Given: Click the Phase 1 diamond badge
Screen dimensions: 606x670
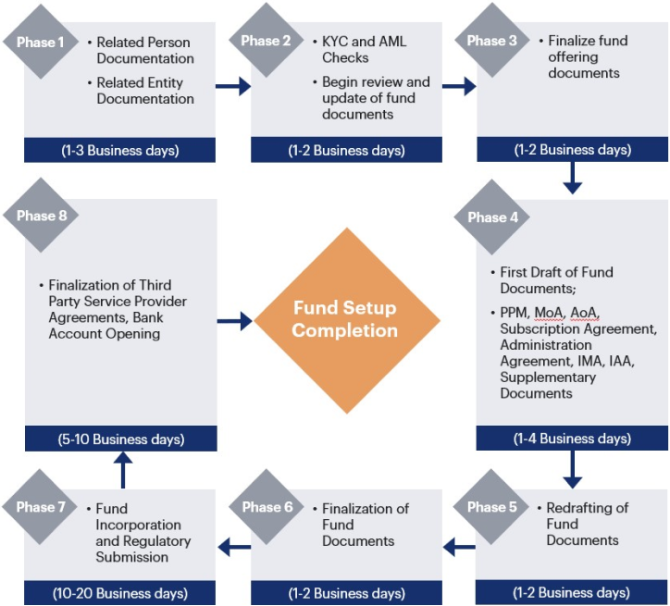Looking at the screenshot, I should (41, 43).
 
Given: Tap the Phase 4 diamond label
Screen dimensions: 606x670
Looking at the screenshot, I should (488, 217).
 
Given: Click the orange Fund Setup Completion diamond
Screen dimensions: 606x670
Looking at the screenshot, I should (346, 320).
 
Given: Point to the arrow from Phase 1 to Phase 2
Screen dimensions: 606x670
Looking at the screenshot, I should (234, 87).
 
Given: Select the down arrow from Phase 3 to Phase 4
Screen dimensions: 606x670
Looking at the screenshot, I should (572, 179).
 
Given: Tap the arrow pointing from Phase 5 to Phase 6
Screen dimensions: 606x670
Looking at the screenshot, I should (459, 548).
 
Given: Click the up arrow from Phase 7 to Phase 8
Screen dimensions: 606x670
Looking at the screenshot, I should (122, 469).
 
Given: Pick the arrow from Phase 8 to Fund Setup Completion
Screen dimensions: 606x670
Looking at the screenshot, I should (235, 321).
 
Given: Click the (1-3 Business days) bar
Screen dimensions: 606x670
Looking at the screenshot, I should (120, 150).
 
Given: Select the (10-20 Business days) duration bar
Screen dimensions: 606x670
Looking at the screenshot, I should (120, 593).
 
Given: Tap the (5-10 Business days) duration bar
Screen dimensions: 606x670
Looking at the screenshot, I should (120, 439).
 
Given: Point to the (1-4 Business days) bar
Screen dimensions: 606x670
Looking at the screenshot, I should (572, 439).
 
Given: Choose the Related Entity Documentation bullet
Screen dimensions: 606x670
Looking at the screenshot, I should (145, 91).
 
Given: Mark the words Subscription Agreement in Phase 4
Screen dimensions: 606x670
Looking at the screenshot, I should (577, 328).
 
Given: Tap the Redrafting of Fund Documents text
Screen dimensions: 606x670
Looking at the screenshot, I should (587, 524).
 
